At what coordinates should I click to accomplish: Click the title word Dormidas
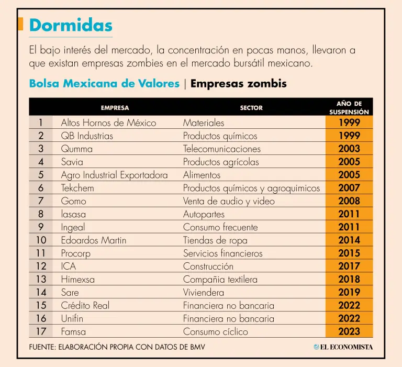click(x=71, y=25)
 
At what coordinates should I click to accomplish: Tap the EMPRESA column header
click(x=115, y=108)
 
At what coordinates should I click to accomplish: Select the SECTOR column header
click(x=251, y=108)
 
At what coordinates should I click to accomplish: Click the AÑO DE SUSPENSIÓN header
click(x=349, y=108)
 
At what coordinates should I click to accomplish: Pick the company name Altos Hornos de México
click(x=108, y=123)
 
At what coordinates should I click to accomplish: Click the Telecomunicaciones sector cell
click(x=222, y=149)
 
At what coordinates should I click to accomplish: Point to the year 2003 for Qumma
click(x=349, y=149)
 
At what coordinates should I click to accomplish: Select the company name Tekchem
click(x=77, y=188)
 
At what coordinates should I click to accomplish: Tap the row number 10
click(x=41, y=240)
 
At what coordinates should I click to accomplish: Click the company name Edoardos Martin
click(x=94, y=240)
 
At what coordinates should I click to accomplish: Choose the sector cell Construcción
click(x=208, y=266)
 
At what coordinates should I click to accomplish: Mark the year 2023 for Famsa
click(x=349, y=331)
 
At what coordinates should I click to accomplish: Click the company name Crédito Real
click(x=85, y=305)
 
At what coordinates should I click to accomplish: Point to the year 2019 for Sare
click(x=349, y=292)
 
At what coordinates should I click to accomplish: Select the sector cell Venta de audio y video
click(x=229, y=201)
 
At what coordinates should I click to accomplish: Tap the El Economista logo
click(x=343, y=347)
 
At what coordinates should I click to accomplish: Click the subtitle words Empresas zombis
click(x=239, y=84)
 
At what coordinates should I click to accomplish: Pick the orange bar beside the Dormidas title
click(x=20, y=24)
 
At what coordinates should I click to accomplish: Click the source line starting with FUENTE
click(x=117, y=347)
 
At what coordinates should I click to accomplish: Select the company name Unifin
click(x=72, y=318)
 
